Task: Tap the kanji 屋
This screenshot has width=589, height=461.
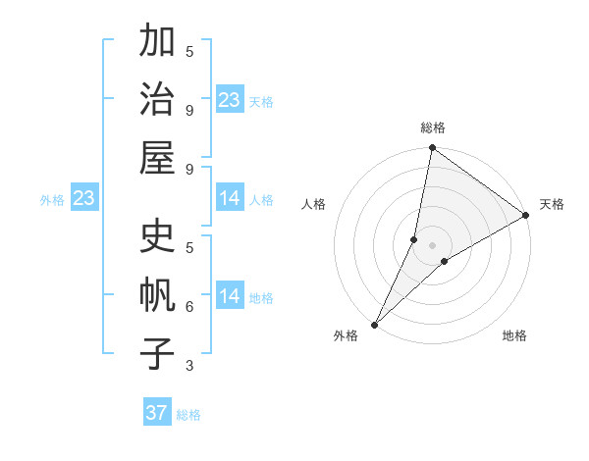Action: [x=157, y=156]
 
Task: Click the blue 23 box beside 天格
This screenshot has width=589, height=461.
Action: [x=230, y=99]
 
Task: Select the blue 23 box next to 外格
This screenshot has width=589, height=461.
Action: [x=83, y=199]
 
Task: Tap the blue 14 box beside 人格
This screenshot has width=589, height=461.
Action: [x=230, y=199]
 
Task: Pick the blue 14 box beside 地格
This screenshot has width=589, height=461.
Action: [x=230, y=296]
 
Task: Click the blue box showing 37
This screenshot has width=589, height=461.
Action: [x=157, y=413]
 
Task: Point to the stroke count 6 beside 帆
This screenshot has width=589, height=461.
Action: [x=189, y=307]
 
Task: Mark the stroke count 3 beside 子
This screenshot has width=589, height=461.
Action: [x=189, y=366]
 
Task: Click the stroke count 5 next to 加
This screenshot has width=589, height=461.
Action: [x=189, y=51]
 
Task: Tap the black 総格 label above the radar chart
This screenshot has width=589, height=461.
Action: [x=432, y=128]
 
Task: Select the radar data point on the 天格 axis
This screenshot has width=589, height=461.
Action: [x=526, y=216]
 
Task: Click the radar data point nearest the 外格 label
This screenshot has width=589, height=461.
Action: [x=374, y=325]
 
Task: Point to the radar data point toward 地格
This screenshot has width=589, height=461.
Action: [x=445, y=261]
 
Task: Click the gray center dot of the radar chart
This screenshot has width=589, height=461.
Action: [x=432, y=244]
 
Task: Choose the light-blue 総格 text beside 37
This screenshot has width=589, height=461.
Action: [x=188, y=415]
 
